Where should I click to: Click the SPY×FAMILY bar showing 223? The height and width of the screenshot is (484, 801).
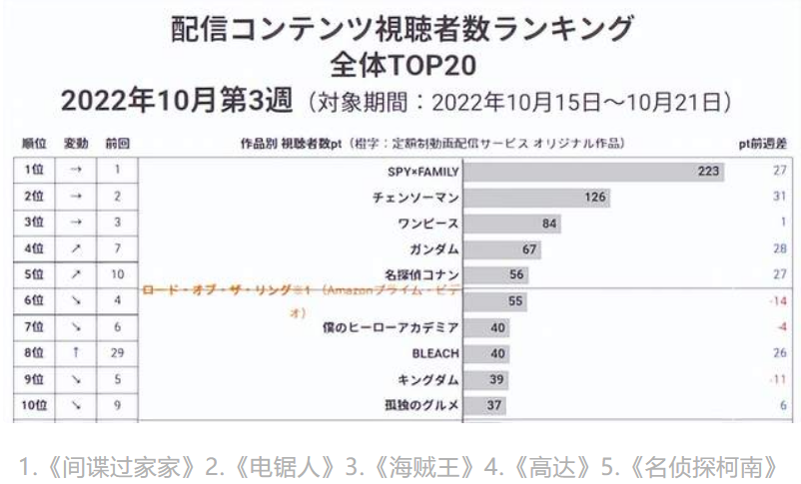click(x=594, y=171)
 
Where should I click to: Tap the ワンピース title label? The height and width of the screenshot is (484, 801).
click(x=428, y=223)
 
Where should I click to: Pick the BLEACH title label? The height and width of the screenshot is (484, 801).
click(x=435, y=353)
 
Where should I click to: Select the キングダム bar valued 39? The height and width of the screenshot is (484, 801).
click(x=486, y=379)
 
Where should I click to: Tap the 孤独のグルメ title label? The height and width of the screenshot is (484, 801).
click(x=421, y=405)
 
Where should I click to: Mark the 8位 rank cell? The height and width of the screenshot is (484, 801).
click(x=36, y=353)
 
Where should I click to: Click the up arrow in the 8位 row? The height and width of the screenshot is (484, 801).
click(x=76, y=353)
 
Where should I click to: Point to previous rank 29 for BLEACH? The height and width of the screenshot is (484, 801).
click(x=117, y=353)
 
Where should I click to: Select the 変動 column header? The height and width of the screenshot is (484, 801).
click(x=76, y=144)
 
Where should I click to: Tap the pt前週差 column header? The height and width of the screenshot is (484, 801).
click(x=762, y=144)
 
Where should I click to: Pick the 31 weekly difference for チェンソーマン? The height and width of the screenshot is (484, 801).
click(x=779, y=197)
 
